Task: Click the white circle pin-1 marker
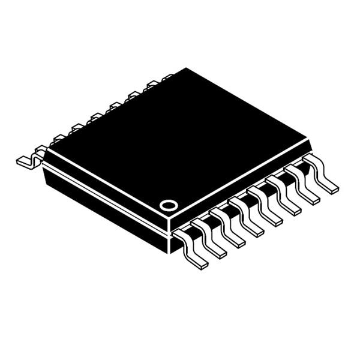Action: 169,205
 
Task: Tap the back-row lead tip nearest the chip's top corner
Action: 167,76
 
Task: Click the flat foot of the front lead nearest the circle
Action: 198,262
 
